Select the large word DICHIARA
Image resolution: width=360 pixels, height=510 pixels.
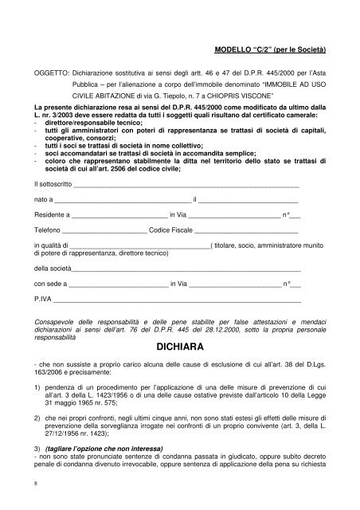coord(180,347)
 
